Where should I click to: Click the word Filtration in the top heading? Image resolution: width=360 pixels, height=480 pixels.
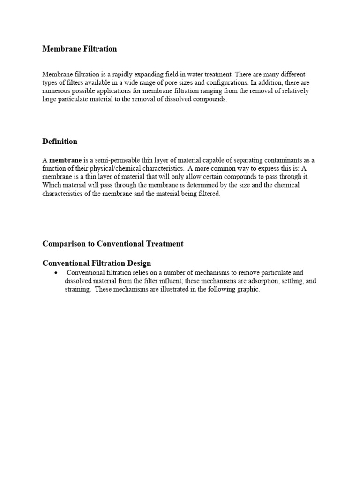coord(97,49)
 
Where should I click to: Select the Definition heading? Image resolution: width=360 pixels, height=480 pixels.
coord(60,142)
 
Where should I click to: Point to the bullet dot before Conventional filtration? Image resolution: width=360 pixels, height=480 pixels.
coord(56,273)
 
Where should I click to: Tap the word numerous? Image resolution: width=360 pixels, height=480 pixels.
coord(57,91)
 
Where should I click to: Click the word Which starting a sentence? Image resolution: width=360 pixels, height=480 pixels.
coord(52,185)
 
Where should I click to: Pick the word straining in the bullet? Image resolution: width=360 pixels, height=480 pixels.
coord(77,289)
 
